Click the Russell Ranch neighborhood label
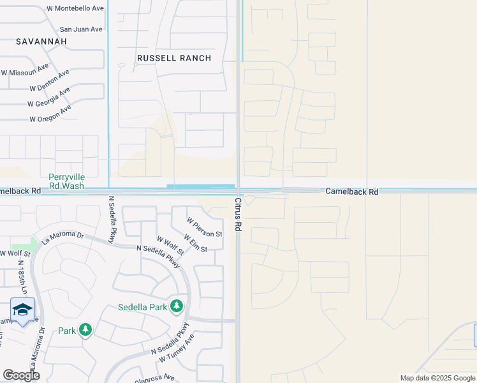coord(174,58)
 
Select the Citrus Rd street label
coord(238,214)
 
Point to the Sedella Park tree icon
coord(177,307)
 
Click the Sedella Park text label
coord(142,307)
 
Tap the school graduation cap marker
coord(23,310)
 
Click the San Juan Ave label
coord(81,29)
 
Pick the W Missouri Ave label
coord(25,70)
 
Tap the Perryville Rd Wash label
coord(66,181)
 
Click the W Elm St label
coord(195,243)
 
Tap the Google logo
coord(21,375)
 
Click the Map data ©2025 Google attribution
coord(437,378)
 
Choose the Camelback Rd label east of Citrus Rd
coord(351,191)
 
